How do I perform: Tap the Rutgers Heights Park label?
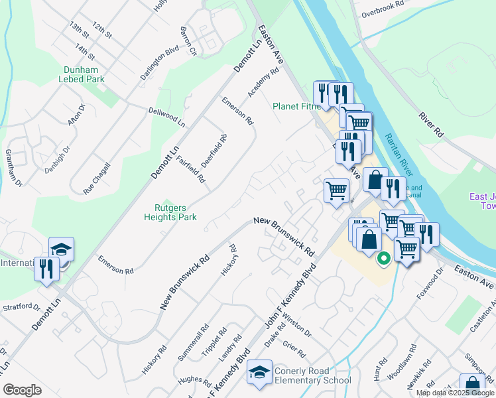[x=170, y=212]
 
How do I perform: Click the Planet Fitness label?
[x=296, y=106]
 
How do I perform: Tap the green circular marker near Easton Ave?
[x=383, y=259]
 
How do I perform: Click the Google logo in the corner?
[x=22, y=390]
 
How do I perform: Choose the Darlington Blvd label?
[x=159, y=63]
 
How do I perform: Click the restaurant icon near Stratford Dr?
[x=46, y=269]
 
